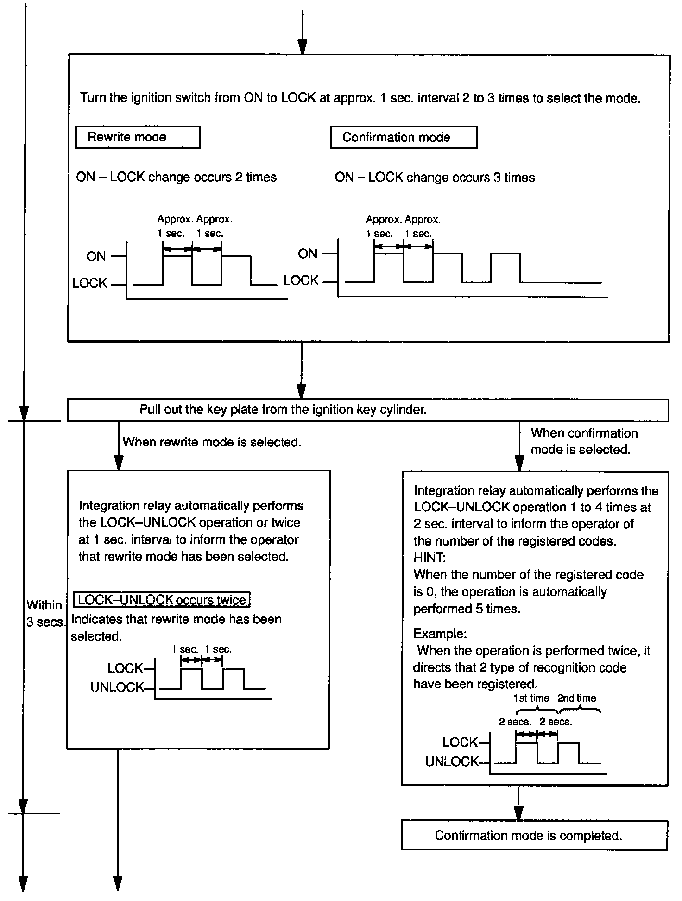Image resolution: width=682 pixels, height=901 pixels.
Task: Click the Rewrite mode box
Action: pyautogui.click(x=138, y=137)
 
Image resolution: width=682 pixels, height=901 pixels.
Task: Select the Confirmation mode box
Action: pyautogui.click(x=403, y=138)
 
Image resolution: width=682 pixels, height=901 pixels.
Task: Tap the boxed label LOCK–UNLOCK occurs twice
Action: pyautogui.click(x=162, y=600)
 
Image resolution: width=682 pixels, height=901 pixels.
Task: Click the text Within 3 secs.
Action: pyautogui.click(x=45, y=613)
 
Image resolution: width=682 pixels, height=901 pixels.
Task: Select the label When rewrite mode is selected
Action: pyautogui.click(x=212, y=442)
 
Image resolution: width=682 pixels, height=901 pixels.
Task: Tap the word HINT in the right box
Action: pyautogui.click(x=429, y=558)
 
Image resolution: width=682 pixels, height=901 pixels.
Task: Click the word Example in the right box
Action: pyautogui.click(x=440, y=634)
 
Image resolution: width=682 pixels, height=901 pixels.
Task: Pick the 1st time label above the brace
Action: pyautogui.click(x=531, y=698)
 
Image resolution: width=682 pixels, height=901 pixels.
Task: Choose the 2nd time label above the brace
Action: pyautogui.click(x=576, y=698)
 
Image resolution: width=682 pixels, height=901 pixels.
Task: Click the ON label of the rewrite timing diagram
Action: pyautogui.click(x=96, y=256)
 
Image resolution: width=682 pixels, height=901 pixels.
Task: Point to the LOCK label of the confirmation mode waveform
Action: pyautogui.click(x=301, y=280)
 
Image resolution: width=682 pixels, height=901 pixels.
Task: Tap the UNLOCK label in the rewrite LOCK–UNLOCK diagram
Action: pyautogui.click(x=117, y=687)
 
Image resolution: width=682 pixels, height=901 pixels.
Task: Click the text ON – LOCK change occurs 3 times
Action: pyautogui.click(x=435, y=178)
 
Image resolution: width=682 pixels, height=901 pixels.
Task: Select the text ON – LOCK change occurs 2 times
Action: pyautogui.click(x=176, y=177)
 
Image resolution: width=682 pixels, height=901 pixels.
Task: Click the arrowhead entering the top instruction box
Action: pyautogui.click(x=302, y=47)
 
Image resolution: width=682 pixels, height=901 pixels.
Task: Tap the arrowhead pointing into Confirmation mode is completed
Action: pyautogui.click(x=519, y=813)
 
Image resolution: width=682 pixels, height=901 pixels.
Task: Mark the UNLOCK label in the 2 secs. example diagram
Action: pyautogui.click(x=452, y=761)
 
